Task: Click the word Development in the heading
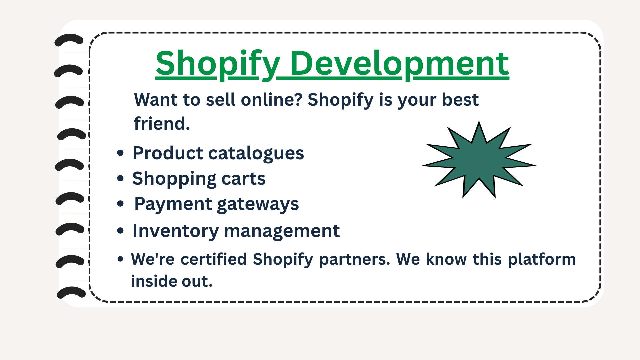coord(399,63)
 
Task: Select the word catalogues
coord(256,154)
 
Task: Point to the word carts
coord(243,179)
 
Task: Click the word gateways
coord(258,204)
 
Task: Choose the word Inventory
coord(176,231)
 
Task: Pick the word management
coord(282,231)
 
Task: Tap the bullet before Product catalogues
coord(120,153)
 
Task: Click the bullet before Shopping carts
coord(120,178)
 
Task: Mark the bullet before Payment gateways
coord(120,204)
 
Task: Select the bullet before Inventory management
coord(120,230)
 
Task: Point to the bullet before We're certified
coord(120,259)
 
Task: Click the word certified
coord(214,259)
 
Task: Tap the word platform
coord(542,259)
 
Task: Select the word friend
coord(162,124)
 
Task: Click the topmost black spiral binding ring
coord(69,40)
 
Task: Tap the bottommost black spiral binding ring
coord(71,292)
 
